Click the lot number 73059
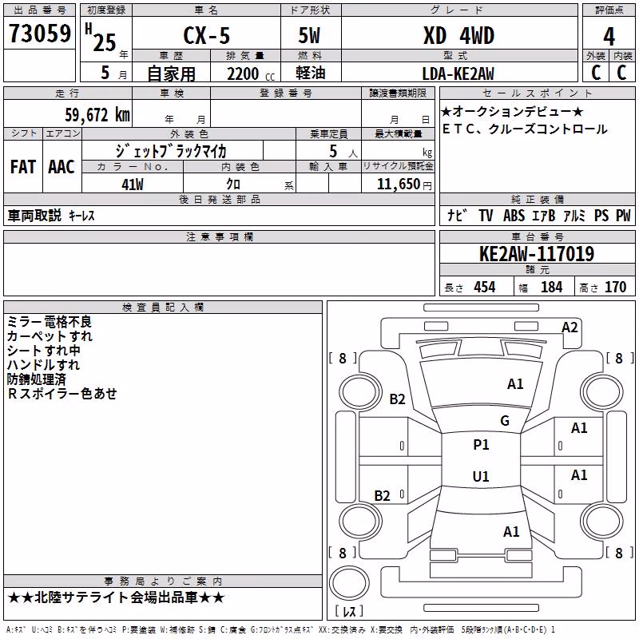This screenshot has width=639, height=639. click(x=39, y=34)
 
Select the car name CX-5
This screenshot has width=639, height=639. click(x=207, y=35)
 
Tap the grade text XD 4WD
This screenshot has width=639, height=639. click(x=458, y=35)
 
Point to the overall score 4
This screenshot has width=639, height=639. click(x=609, y=37)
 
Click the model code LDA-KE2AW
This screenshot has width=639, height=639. click(x=458, y=73)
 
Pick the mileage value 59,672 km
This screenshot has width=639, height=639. click(x=97, y=115)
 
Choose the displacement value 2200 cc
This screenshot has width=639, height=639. click(x=251, y=74)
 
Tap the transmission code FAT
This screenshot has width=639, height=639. click(x=23, y=167)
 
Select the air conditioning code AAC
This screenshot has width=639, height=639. click(x=62, y=167)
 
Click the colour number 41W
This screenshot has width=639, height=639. click(x=133, y=185)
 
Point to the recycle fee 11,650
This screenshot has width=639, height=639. click(x=399, y=185)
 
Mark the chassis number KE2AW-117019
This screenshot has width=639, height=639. click(x=537, y=254)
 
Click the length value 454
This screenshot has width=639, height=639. click(x=485, y=288)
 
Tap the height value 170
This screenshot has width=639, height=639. click(x=615, y=288)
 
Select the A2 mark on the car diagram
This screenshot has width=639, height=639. click(x=570, y=327)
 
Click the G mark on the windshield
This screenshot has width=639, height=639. click(x=505, y=420)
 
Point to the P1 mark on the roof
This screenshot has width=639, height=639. click(x=481, y=445)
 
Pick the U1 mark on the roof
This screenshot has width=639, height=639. click(x=481, y=476)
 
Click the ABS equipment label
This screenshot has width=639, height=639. click(x=514, y=216)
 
